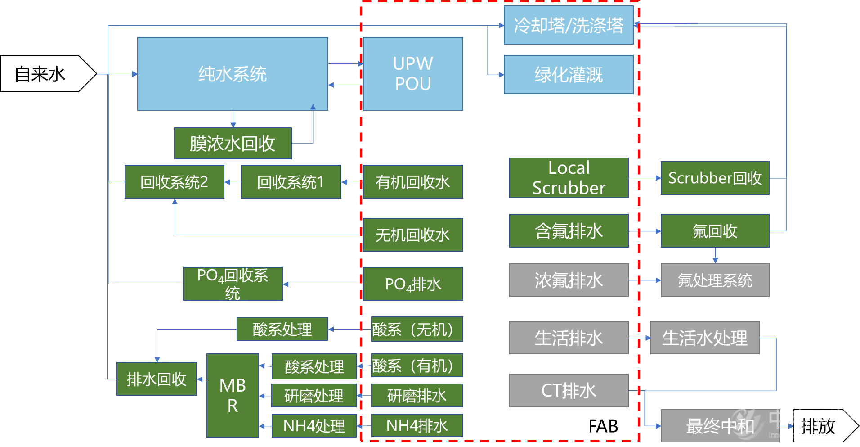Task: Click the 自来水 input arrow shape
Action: coord(43,74)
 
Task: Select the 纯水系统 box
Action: coord(233,74)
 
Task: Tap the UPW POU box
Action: coord(413,74)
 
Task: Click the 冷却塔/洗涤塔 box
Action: coord(569,25)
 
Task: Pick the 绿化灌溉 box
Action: coord(569,75)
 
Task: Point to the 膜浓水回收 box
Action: coord(233,144)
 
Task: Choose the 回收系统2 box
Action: coord(174,182)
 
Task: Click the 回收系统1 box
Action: coord(291,182)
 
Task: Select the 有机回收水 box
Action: coord(413,182)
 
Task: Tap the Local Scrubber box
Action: coord(569,178)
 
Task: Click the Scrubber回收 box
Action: coord(715,178)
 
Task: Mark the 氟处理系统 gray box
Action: coord(715,280)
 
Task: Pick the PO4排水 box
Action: coord(413,284)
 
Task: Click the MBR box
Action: coord(233,396)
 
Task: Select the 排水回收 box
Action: coord(157,379)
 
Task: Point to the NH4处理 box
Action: coord(314,426)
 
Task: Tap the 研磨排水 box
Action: coord(417,396)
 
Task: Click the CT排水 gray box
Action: coord(569,391)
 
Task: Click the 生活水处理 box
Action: coord(705,338)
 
